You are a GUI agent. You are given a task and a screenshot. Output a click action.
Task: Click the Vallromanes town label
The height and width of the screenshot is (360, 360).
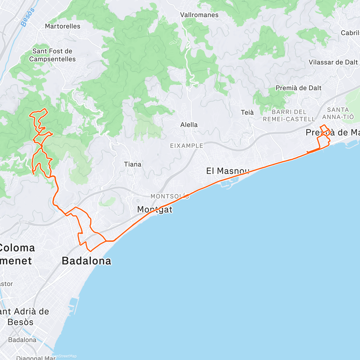(x=199, y=15)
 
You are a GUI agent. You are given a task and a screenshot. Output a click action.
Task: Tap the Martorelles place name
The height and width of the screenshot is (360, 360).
(x=63, y=26)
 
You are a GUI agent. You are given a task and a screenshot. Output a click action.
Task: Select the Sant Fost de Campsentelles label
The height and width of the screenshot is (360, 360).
(x=52, y=55)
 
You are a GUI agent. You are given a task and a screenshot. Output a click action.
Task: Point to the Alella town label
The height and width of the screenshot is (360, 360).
(x=189, y=125)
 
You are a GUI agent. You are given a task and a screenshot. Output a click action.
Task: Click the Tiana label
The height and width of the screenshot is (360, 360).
(x=133, y=164)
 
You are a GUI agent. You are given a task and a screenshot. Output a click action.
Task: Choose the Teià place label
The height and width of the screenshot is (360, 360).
(x=247, y=112)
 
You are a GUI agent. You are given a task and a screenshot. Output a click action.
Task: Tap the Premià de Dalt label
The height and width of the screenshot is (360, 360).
(x=298, y=88)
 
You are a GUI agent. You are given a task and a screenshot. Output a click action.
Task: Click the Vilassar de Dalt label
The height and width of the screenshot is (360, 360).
(x=333, y=62)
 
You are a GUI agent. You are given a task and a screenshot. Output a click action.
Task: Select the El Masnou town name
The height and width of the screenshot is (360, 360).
(x=228, y=171)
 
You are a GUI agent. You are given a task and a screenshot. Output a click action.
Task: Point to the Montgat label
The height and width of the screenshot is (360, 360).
(x=155, y=209)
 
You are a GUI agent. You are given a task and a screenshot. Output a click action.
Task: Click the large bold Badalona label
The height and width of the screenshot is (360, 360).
(x=86, y=261)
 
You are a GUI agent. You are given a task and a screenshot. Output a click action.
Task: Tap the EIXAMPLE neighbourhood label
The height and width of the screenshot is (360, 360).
(x=187, y=146)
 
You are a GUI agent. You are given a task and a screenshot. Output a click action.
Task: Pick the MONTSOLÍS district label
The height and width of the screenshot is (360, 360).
(x=170, y=196)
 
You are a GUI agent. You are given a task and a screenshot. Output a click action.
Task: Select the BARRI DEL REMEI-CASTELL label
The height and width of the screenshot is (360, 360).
(x=289, y=115)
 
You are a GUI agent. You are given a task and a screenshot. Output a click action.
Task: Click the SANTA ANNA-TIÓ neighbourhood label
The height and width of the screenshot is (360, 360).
(x=338, y=113)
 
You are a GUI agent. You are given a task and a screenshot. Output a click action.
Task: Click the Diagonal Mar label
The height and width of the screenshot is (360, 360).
(x=36, y=358)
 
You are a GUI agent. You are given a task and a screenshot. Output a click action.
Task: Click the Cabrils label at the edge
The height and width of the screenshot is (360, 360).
(x=350, y=33)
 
